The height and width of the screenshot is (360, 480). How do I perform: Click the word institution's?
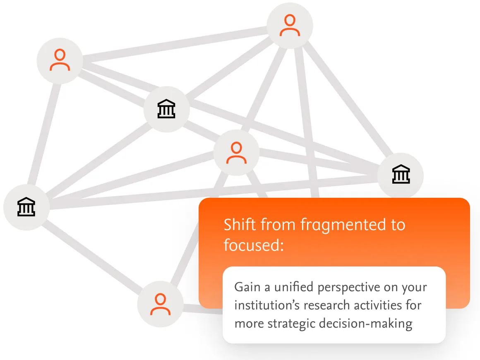click(267, 305)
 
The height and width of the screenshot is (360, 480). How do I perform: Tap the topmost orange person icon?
click(290, 26)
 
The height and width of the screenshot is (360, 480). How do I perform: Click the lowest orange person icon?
click(160, 305)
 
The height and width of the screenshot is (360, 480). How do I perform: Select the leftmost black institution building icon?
click(26, 207)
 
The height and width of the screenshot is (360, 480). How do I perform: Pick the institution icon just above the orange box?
click(401, 175)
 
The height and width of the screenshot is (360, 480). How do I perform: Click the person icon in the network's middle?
click(236, 153)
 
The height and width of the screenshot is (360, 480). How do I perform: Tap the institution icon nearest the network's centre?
click(166, 109)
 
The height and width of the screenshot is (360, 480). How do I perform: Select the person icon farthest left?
click(60, 60)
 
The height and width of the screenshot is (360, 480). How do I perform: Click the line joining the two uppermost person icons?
click(174, 43)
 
